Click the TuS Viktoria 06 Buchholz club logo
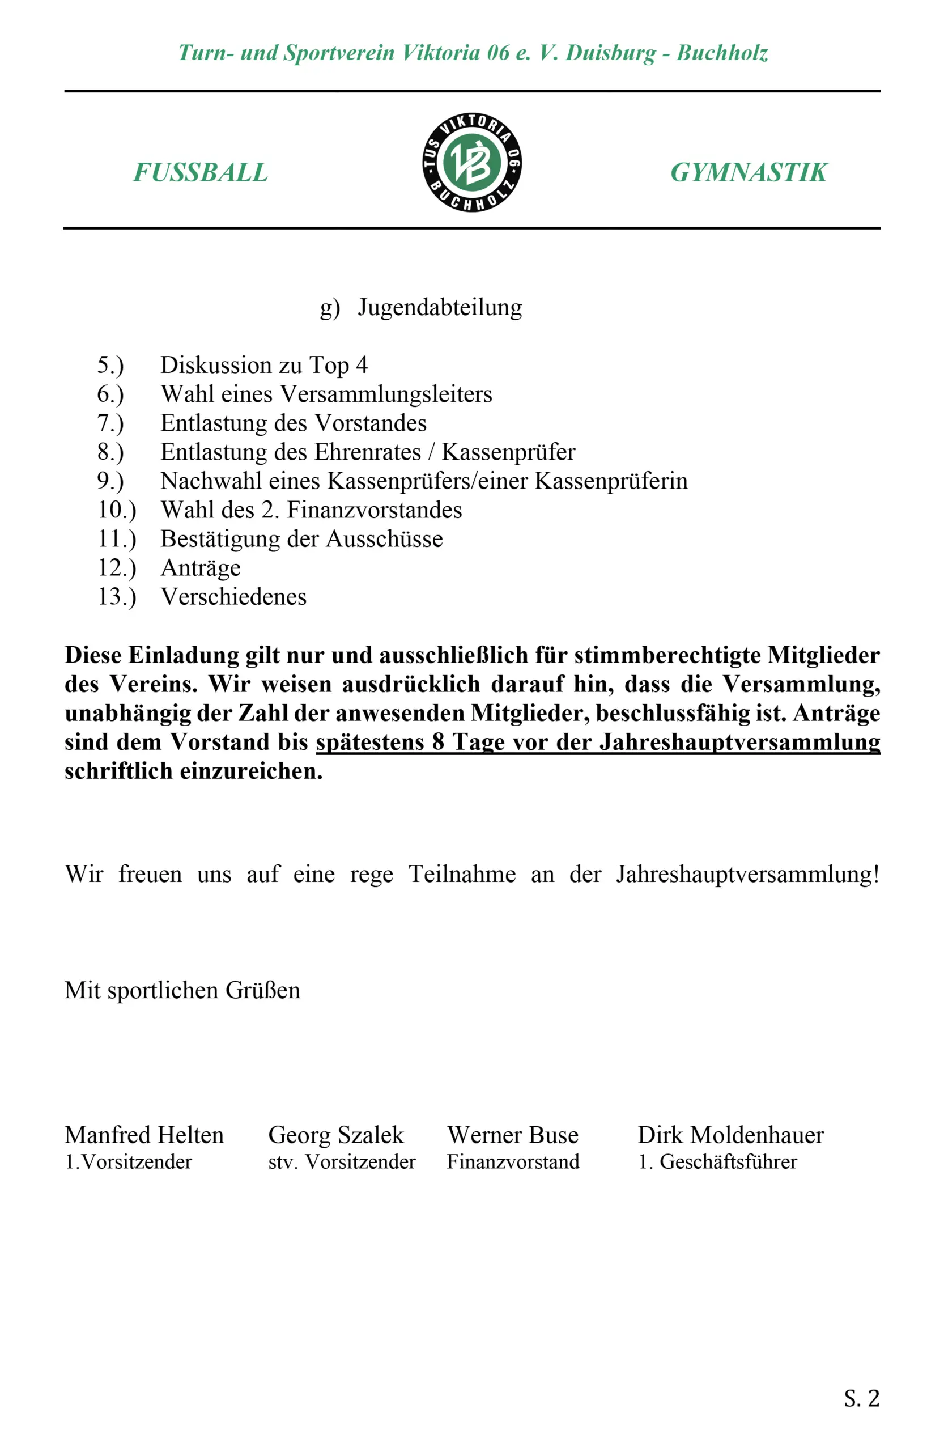[471, 162]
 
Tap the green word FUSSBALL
[201, 172]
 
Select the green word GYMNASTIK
[749, 172]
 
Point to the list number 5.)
[110, 365]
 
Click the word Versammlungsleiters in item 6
[386, 394]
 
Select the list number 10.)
[116, 510]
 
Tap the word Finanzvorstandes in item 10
[374, 510]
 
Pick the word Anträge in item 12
[201, 568]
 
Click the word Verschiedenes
[233, 597]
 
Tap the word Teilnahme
[462, 874]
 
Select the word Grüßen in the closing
[263, 991]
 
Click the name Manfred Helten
[144, 1135]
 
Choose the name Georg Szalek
[336, 1135]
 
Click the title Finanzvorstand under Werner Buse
[513, 1162]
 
